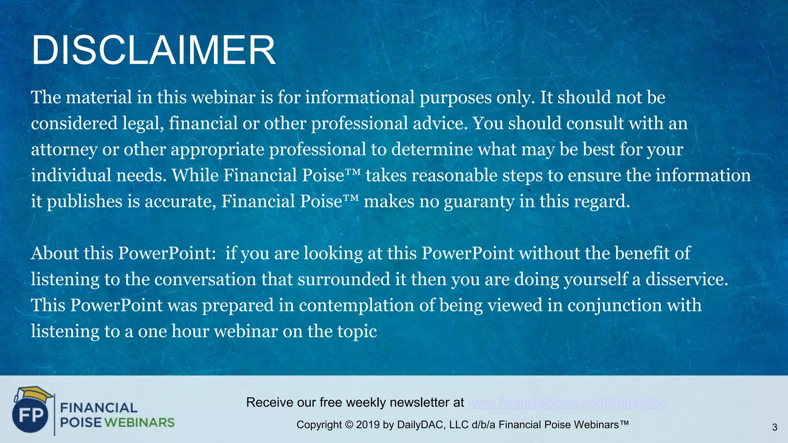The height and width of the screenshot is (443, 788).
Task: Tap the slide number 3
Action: pos(775,427)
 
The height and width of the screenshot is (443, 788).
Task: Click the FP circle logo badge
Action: pos(30,415)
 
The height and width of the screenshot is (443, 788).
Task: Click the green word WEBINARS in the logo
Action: pos(139,423)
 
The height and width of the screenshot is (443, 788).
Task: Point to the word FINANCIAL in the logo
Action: pos(99,408)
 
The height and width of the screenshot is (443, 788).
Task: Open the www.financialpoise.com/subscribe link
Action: pos(567,402)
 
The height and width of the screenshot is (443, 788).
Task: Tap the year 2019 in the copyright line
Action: pos(368,425)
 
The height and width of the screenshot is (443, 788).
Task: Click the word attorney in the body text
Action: pos(64,150)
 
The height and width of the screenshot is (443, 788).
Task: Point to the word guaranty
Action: pos(479,202)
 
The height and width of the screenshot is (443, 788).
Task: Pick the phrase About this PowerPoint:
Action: pos(123,253)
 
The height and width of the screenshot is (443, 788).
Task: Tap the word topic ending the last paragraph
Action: pos(357,331)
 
